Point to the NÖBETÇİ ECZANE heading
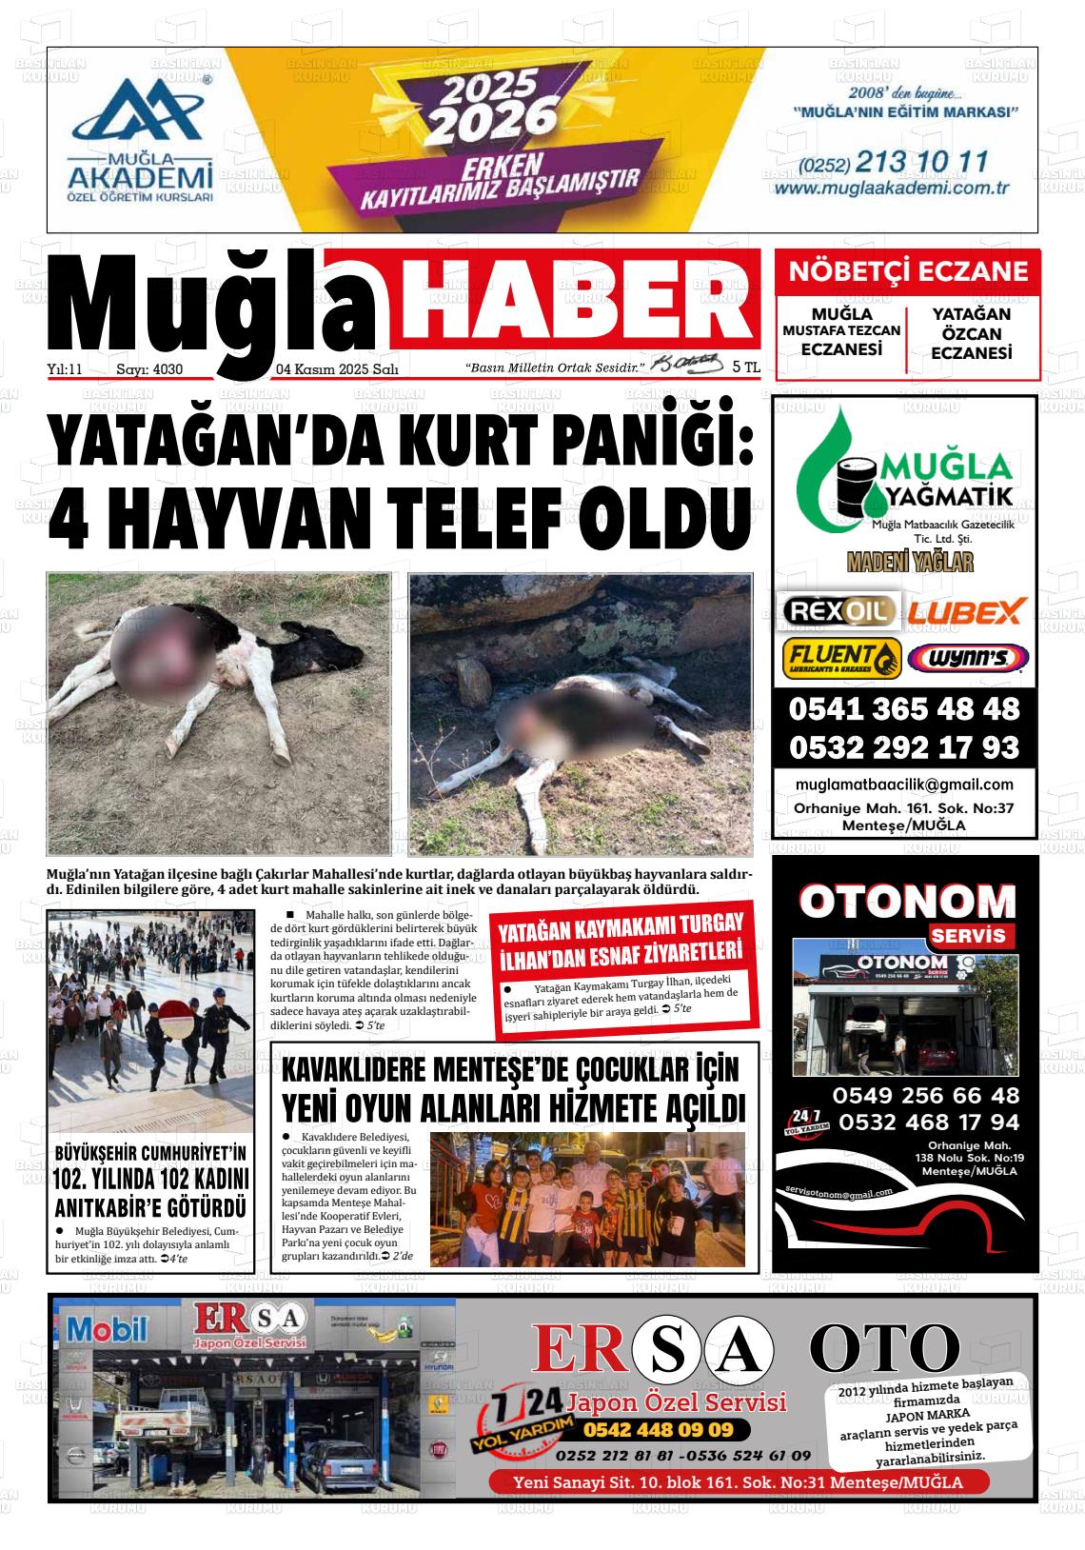click(x=908, y=271)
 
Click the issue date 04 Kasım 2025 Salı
click(x=337, y=369)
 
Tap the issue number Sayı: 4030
click(x=148, y=369)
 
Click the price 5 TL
click(x=746, y=367)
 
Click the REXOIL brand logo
click(x=838, y=610)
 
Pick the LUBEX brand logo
click(x=966, y=610)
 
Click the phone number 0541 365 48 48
click(x=903, y=709)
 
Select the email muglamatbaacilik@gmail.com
click(x=904, y=785)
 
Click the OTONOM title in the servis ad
click(x=907, y=901)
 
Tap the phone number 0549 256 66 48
click(x=925, y=1095)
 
